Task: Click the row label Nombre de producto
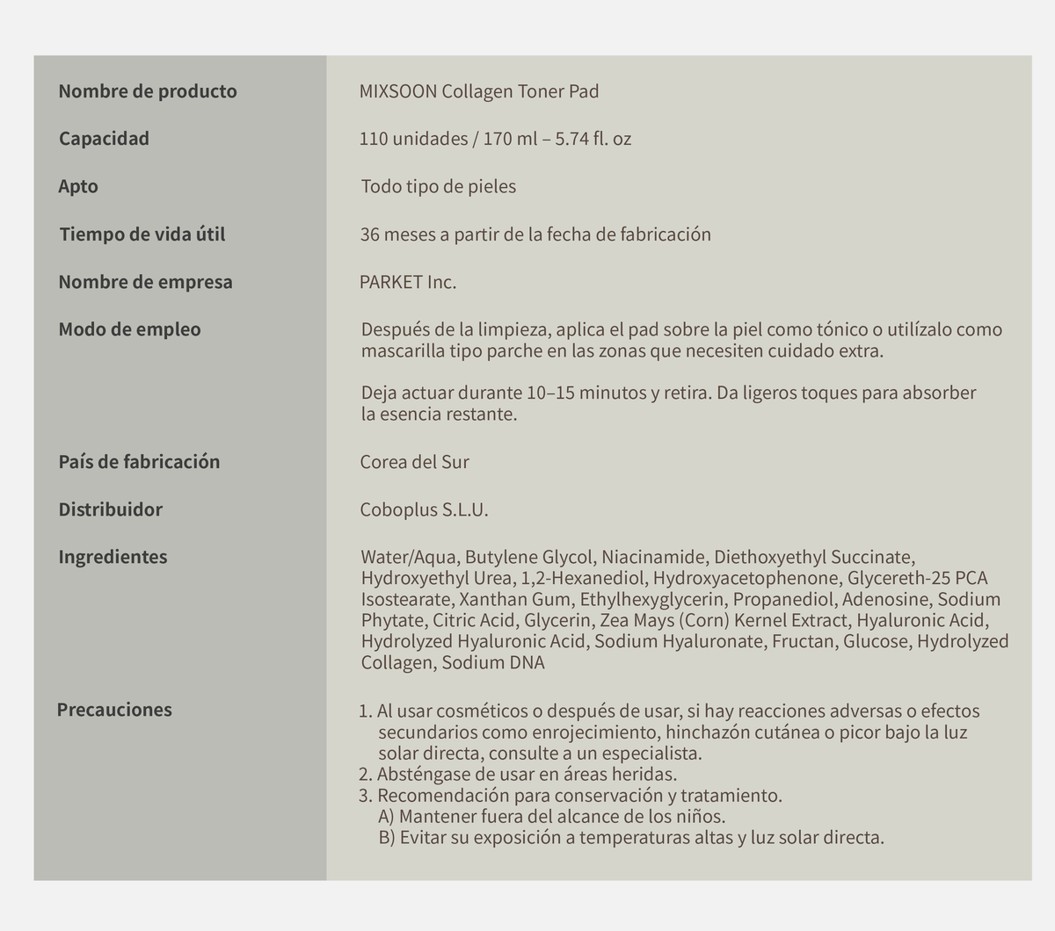148,91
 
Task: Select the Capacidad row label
104,139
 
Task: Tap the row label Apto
78,186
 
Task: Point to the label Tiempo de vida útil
142,235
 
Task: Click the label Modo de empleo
129,329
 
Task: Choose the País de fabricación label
139,462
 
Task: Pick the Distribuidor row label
110,509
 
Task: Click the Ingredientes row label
113,557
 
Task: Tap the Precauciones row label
114,710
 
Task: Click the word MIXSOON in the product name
397,91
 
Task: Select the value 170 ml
510,139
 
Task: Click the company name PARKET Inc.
408,282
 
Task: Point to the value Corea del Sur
414,462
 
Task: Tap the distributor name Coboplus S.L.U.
424,509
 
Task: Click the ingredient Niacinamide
653,557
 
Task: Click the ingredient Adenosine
883,599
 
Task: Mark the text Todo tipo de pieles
438,186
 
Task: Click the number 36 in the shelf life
369,235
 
